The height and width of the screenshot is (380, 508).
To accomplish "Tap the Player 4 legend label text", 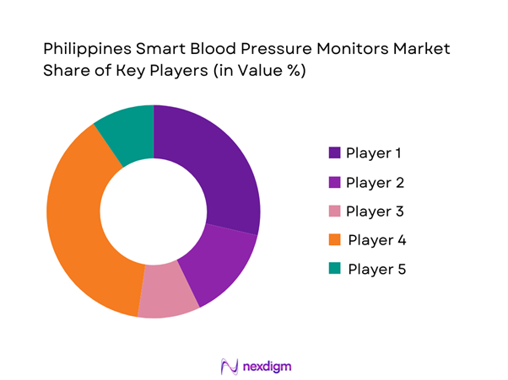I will point(377,240).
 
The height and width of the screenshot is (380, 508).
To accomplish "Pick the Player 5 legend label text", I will point(376,269).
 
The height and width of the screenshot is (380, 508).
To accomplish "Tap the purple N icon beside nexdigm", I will point(227,366).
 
